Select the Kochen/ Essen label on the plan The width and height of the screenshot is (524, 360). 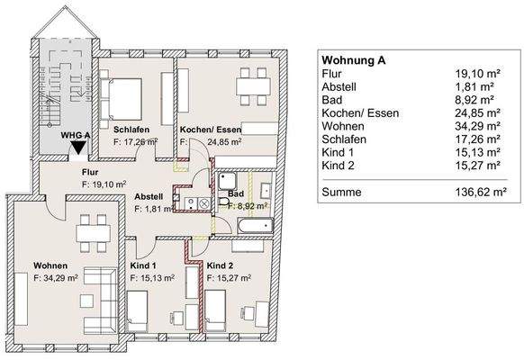[209, 129]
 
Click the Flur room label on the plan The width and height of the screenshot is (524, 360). [90, 171]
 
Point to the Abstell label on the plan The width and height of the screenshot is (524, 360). [149, 196]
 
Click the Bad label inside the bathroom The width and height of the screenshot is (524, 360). [235, 194]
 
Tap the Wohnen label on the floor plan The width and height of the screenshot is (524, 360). [50, 266]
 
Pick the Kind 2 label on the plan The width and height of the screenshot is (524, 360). [221, 266]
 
